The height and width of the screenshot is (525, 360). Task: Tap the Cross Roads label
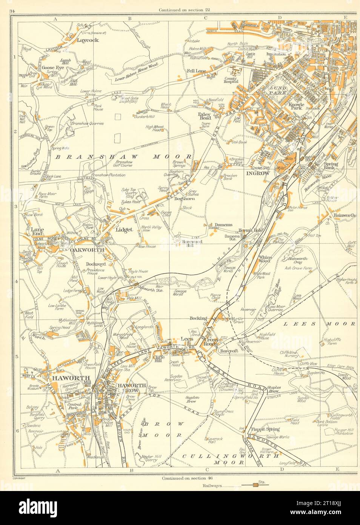click(210, 341)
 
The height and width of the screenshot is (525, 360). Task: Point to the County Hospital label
click(231, 79)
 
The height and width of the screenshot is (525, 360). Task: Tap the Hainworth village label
click(344, 215)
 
